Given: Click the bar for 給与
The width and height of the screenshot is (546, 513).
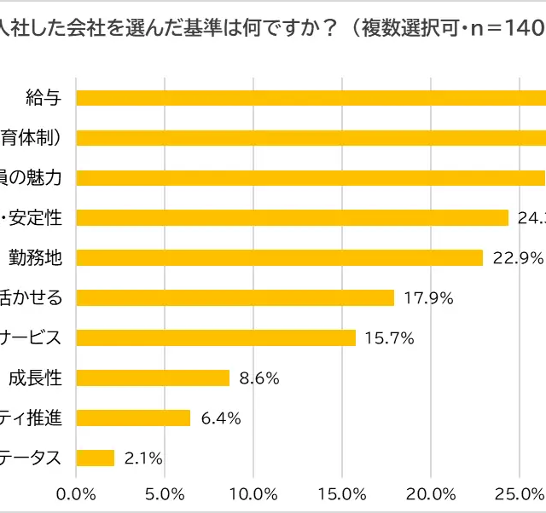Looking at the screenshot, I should click(x=311, y=97).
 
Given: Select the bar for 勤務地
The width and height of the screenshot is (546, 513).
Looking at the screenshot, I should click(x=280, y=257).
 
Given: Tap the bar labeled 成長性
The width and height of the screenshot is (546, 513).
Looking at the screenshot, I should click(x=153, y=378).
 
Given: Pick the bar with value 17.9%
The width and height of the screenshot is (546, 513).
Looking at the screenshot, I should click(x=235, y=297).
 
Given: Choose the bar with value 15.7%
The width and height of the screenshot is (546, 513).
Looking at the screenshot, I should click(x=216, y=337).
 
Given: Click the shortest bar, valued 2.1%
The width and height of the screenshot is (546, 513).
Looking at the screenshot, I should click(x=96, y=458).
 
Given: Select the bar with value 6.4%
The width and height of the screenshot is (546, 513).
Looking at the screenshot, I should click(x=133, y=418).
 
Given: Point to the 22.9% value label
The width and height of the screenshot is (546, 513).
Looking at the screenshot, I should click(x=517, y=257).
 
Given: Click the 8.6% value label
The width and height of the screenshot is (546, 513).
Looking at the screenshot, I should click(x=259, y=378).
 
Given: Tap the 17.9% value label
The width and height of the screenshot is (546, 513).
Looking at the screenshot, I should click(x=428, y=297).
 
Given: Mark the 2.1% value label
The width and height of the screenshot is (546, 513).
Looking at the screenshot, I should click(x=143, y=458).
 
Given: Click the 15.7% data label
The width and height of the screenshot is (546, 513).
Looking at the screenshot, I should click(x=389, y=337).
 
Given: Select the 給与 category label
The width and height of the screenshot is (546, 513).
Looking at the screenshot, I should click(x=44, y=97).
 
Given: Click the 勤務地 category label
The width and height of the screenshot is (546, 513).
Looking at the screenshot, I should click(x=35, y=257).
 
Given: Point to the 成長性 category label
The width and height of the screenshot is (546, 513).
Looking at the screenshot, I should click(x=35, y=378).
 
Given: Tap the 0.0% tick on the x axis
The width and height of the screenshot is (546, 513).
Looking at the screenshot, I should click(x=76, y=493).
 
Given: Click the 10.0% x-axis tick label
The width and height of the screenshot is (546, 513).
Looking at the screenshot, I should click(x=253, y=493).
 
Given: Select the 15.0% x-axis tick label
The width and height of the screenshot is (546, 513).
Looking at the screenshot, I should click(x=342, y=493).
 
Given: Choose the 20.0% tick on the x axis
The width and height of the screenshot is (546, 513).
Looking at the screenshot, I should click(x=431, y=493).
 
